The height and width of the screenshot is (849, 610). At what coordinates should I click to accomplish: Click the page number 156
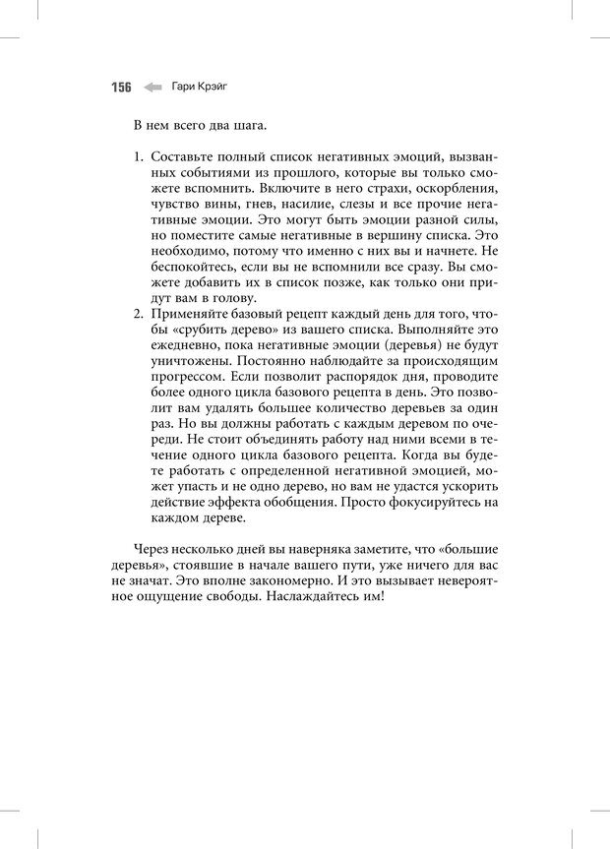click(x=120, y=87)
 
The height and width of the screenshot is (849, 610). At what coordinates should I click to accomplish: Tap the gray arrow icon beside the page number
click(x=152, y=87)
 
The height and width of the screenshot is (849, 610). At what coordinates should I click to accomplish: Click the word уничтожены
click(x=191, y=361)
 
